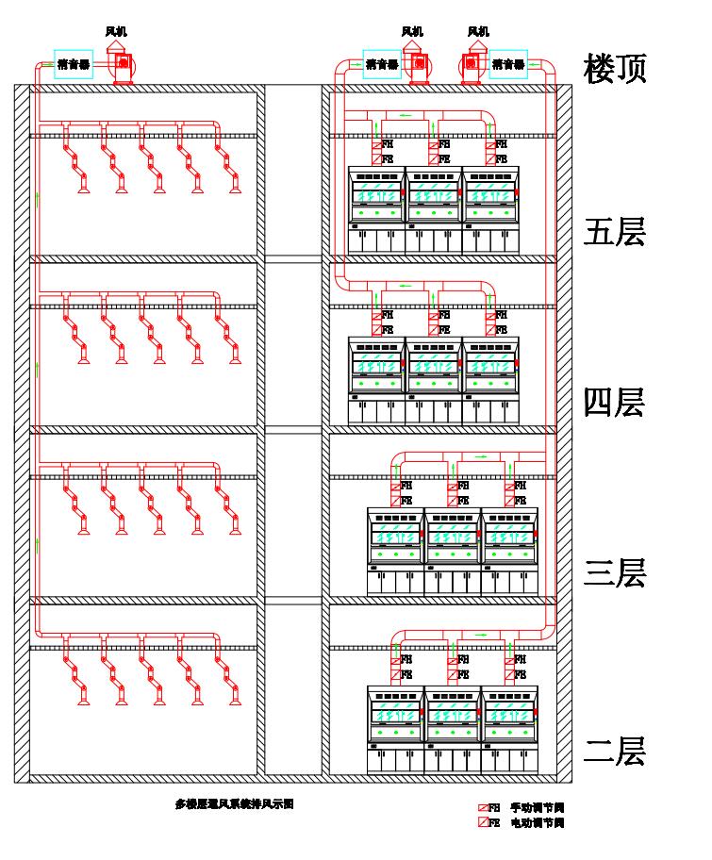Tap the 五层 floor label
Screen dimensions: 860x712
(615, 232)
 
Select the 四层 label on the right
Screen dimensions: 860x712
(615, 403)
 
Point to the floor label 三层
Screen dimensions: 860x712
(615, 573)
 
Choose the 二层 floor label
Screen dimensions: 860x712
(615, 752)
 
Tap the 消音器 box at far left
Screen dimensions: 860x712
(73, 65)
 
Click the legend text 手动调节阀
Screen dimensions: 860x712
(538, 808)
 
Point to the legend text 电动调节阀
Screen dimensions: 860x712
(538, 823)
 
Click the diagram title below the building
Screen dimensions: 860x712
(235, 804)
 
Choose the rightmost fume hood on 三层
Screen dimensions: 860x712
(509, 552)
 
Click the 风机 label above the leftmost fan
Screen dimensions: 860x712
(116, 32)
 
